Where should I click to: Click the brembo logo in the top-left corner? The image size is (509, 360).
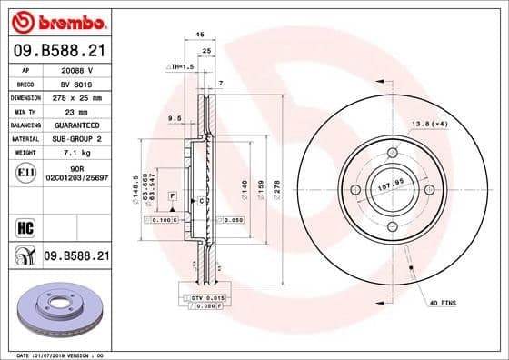click(x=56, y=20)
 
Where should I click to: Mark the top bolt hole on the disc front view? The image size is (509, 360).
click(x=393, y=152)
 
